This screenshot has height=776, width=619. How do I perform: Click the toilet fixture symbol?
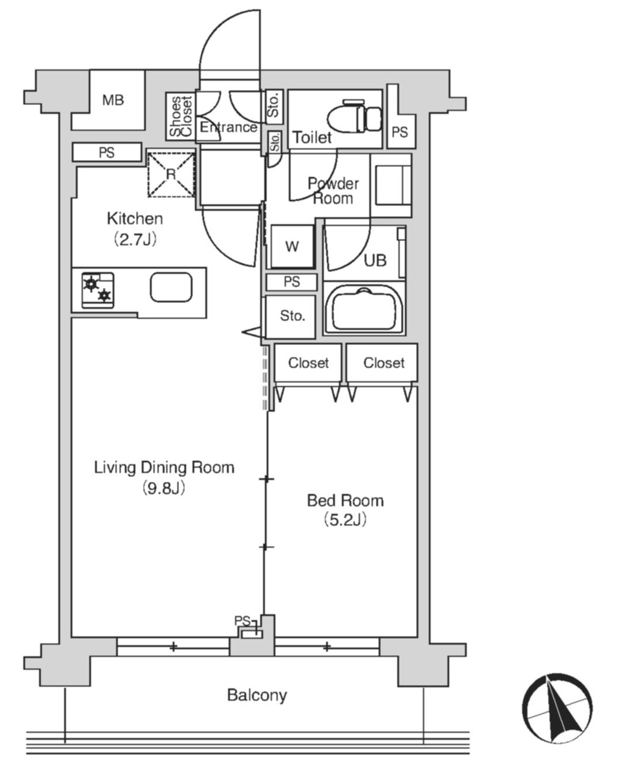click(354, 116)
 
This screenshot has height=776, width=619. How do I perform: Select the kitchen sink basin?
click(171, 287)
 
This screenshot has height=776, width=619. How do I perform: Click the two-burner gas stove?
click(97, 290)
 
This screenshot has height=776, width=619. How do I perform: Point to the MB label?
click(113, 100)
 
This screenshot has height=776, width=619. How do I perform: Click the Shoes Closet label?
click(181, 116)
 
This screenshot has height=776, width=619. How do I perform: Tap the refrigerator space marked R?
click(171, 175)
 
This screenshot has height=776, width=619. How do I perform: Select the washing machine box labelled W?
click(292, 246)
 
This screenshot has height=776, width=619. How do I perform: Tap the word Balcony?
click(257, 695)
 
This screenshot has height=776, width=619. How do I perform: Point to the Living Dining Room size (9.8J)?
click(164, 488)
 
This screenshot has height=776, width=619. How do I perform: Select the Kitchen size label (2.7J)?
click(135, 239)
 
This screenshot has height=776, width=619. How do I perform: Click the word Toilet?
click(312, 137)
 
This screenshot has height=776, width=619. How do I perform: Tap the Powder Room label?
click(333, 191)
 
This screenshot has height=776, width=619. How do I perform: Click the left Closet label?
click(309, 363)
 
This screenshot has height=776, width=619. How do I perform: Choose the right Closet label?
click(384, 363)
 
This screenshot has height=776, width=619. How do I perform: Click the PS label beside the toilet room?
click(400, 133)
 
